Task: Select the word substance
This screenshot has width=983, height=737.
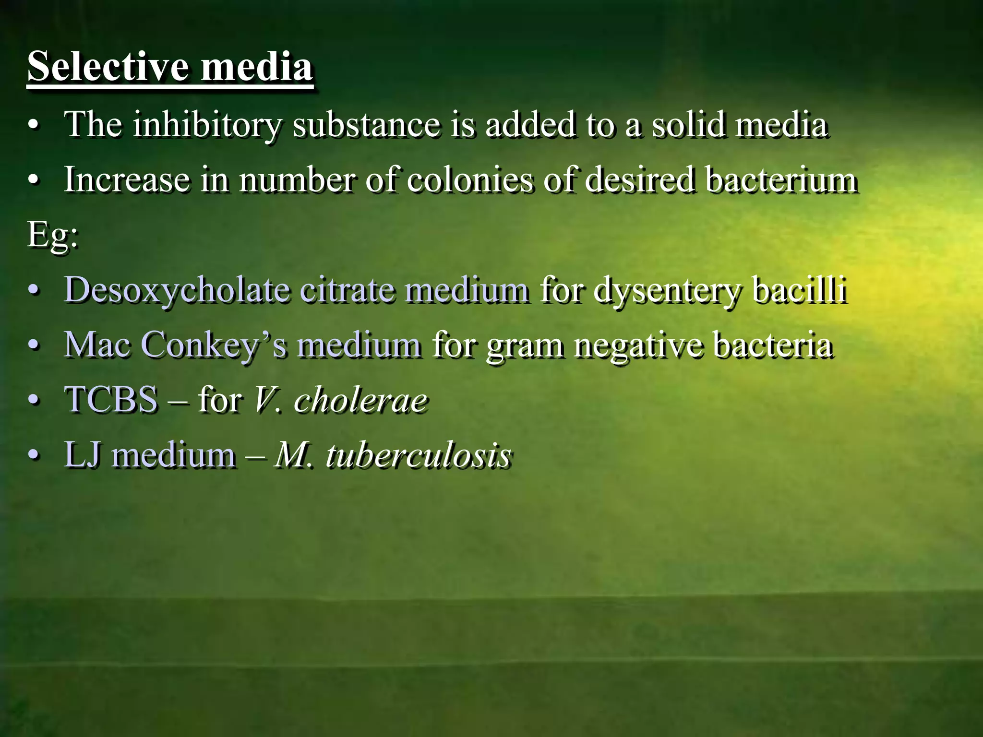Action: [366, 124]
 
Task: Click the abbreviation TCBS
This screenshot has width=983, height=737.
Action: [111, 400]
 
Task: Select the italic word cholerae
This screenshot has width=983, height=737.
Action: [360, 400]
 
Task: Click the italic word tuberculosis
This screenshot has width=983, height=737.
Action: [418, 455]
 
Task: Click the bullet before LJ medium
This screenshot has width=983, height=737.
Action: [33, 455]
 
